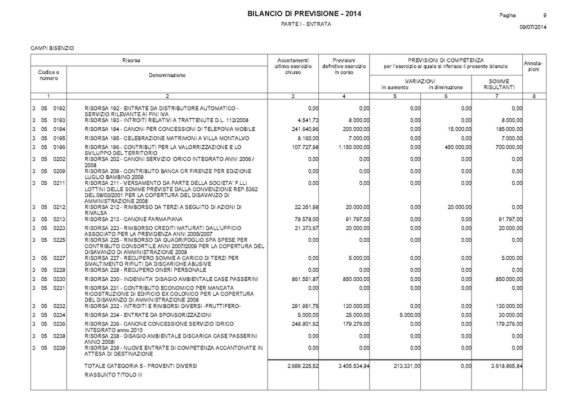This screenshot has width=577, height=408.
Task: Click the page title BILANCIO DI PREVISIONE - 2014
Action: click(304, 14)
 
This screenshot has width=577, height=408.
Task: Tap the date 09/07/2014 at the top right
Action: click(533, 27)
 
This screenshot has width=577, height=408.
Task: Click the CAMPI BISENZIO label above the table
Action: click(52, 48)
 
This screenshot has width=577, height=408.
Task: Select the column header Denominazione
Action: click(167, 74)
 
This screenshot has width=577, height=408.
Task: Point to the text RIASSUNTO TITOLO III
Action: click(113, 375)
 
